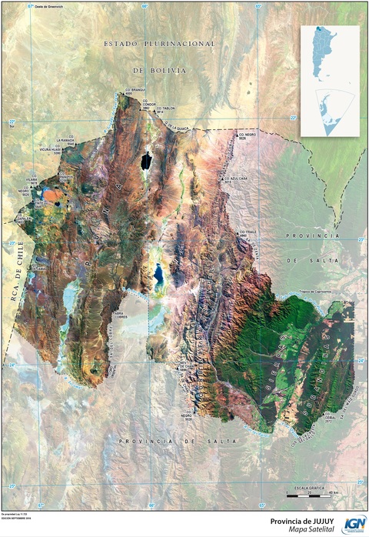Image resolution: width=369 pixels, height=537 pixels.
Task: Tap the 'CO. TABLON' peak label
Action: pyautogui.click(x=167, y=109)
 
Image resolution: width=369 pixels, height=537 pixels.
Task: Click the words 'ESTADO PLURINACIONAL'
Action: pyautogui.click(x=160, y=45)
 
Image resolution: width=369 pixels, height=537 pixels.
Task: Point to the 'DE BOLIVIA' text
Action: pyautogui.click(x=160, y=70)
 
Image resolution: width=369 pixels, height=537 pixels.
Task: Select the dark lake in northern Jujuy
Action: pyautogui.click(x=146, y=161)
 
